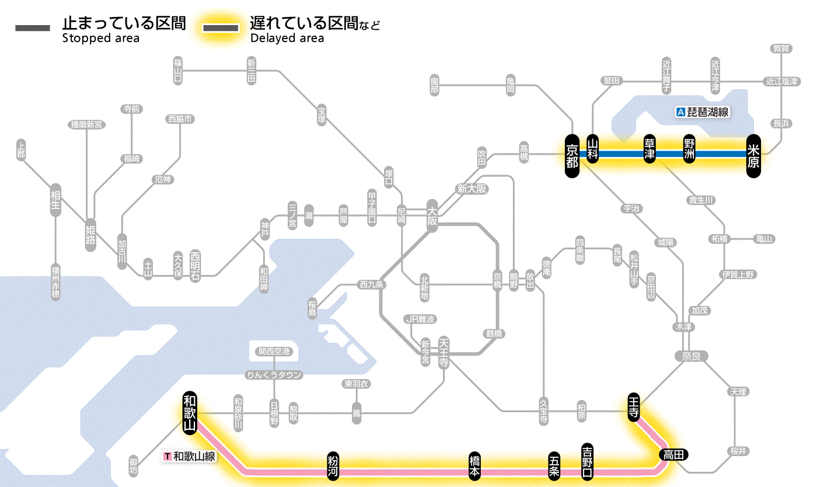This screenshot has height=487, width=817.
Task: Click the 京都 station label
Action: (x=572, y=154)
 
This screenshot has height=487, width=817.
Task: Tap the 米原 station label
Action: (x=753, y=154)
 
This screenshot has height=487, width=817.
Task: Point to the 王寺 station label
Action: (x=634, y=406)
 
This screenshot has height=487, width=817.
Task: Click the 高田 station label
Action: (x=674, y=454)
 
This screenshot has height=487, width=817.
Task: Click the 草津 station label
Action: (x=649, y=150)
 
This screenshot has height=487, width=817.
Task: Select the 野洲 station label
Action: (x=690, y=150)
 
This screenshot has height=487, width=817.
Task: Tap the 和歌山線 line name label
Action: (x=194, y=456)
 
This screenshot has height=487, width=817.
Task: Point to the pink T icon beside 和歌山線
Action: (x=167, y=456)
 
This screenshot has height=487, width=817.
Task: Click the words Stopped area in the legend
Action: (x=101, y=39)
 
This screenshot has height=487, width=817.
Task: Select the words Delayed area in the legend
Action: (x=287, y=39)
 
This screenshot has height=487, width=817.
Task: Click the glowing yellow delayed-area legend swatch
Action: (x=221, y=28)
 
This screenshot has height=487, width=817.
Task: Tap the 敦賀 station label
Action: (x=781, y=48)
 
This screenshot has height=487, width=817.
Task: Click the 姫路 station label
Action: (x=90, y=235)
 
